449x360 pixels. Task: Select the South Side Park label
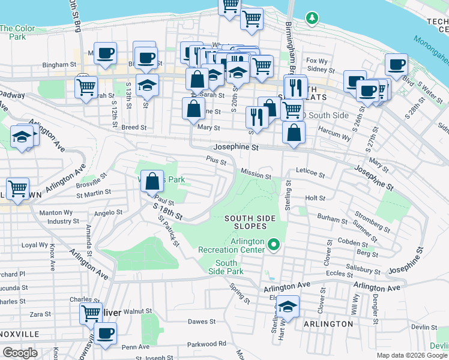(226, 267)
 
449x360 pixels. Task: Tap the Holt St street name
(315, 197)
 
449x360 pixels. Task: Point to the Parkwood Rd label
(206, 344)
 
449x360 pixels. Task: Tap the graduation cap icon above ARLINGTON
(288, 307)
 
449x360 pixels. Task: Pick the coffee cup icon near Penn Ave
(106, 334)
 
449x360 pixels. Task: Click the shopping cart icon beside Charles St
(91, 313)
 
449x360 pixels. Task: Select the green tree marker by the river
(312, 19)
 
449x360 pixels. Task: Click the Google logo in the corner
(20, 353)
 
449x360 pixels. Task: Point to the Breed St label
(134, 127)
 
